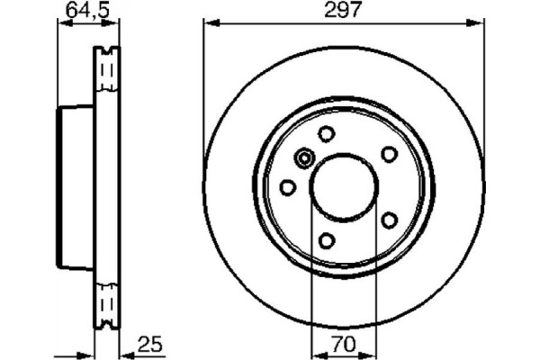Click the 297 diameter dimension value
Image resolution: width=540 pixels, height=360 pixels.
point(342,12)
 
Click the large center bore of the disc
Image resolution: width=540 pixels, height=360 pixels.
point(343,186)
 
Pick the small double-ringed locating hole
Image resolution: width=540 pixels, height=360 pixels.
point(304,160)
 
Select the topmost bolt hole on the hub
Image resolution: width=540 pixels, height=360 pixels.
point(327,134)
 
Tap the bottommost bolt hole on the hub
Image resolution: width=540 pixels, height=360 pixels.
point(327,239)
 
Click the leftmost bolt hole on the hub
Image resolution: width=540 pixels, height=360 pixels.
point(288,187)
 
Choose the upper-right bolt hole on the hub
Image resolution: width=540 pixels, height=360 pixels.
point(389,154)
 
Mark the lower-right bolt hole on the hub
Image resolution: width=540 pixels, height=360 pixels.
point(389,220)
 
